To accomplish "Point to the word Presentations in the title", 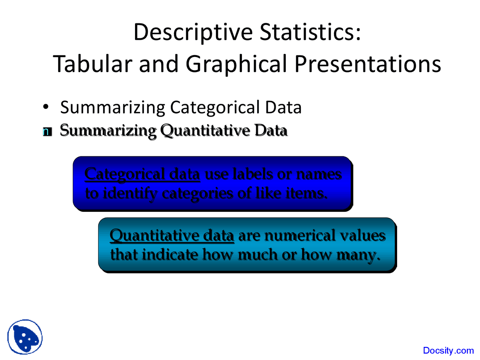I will pyautogui.click(x=367, y=64).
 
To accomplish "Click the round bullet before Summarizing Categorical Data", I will pyautogui.click(x=46, y=107).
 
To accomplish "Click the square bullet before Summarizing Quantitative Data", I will pyautogui.click(x=47, y=132).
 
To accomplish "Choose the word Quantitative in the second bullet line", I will pyautogui.click(x=205, y=130).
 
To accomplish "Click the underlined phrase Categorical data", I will pyautogui.click(x=142, y=174).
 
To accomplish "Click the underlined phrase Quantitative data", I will pyautogui.click(x=172, y=235).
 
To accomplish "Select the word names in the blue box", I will pyautogui.click(x=319, y=174).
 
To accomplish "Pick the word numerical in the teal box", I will pyautogui.click(x=300, y=235).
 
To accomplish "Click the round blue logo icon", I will pyautogui.click(x=25, y=337).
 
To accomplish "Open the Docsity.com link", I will pyautogui.click(x=448, y=350).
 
